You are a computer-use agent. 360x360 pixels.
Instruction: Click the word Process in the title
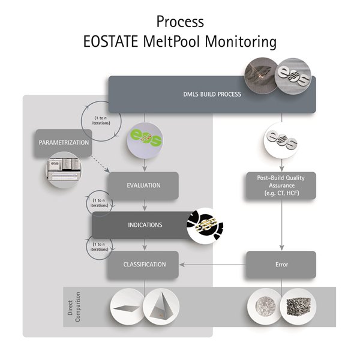pyautogui.click(x=180, y=21)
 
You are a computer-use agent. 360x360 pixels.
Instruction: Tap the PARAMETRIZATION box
pyautogui.click(x=64, y=143)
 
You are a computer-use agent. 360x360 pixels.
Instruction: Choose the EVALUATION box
pyautogui.click(x=143, y=185)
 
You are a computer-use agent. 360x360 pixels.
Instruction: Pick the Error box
pyautogui.click(x=281, y=264)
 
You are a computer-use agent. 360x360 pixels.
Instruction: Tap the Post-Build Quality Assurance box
pyautogui.click(x=281, y=186)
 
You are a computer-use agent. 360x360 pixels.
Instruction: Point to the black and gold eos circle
pyautogui.click(x=204, y=227)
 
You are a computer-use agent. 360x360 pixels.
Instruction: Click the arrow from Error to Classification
pyautogui.click(x=213, y=265)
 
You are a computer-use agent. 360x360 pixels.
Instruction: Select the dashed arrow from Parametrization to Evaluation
pyautogui.click(x=99, y=166)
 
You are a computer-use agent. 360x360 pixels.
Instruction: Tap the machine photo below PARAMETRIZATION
pyautogui.click(x=62, y=170)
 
